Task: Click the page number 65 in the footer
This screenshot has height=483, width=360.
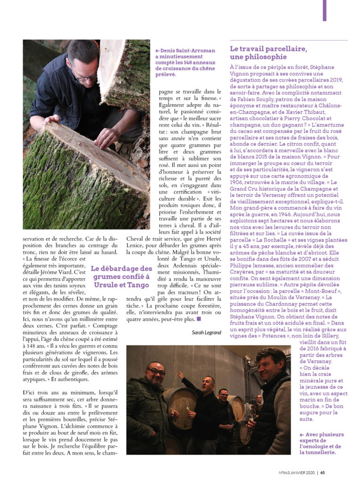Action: click(x=323, y=473)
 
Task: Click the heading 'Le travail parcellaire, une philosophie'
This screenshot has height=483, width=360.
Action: click(x=268, y=53)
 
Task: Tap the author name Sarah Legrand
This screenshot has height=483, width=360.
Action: click(x=206, y=333)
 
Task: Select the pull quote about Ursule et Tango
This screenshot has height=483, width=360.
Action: click(x=122, y=277)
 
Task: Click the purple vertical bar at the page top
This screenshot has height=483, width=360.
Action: click(x=324, y=10)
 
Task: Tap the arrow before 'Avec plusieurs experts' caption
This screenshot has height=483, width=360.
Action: click(x=302, y=434)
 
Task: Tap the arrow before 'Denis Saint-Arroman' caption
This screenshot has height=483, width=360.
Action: click(x=157, y=50)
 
